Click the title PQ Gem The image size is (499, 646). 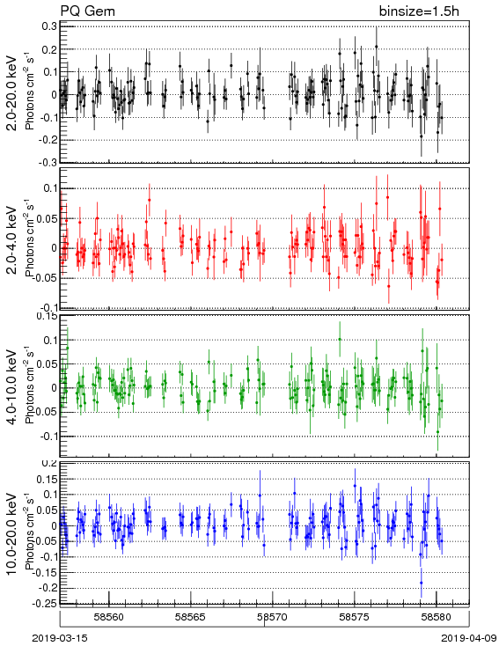88,11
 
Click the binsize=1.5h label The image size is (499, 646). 419,11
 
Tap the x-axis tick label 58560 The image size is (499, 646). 109,617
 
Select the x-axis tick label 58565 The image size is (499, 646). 191,617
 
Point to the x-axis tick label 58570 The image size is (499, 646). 273,617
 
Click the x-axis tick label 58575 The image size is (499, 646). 355,617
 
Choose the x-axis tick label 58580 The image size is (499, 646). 437,617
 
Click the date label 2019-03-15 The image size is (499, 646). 60,638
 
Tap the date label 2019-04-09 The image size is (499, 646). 468,638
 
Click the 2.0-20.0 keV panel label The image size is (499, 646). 13,93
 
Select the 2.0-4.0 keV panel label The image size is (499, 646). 13,239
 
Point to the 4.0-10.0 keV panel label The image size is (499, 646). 13,387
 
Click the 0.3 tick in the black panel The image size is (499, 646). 49,26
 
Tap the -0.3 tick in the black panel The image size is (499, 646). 48,162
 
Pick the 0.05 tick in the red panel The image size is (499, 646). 48,218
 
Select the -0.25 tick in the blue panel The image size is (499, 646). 46,603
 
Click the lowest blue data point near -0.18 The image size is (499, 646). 422,583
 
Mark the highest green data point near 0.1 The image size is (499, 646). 340,340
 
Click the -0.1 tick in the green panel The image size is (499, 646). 48,436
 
